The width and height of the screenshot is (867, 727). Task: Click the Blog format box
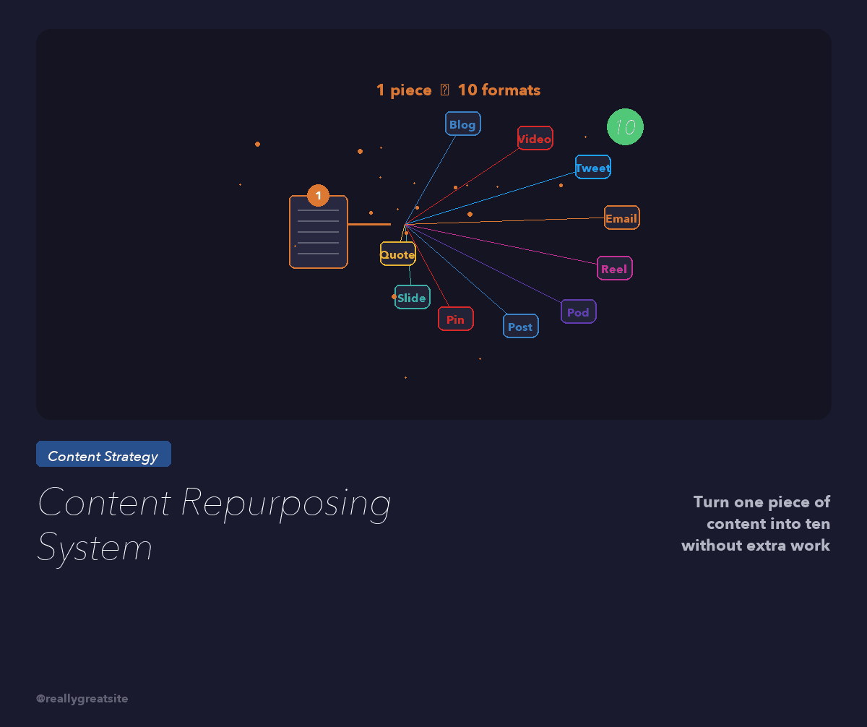coord(462,124)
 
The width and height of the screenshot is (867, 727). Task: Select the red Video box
coord(535,138)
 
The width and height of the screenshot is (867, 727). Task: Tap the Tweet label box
coord(592,167)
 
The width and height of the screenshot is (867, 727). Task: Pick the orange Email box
coord(621,218)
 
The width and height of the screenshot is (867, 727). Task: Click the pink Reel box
coord(614,268)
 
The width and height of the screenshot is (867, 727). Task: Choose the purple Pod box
coord(578,311)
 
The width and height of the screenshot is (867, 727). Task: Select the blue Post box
coord(520,326)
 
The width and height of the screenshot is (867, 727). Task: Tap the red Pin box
coord(455,319)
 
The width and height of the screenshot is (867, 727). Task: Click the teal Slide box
coord(412,297)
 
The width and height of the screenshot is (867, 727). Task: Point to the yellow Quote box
coord(397,254)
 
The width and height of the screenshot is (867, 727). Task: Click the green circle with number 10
coord(625,127)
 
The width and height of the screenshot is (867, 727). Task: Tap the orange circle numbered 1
coord(318,195)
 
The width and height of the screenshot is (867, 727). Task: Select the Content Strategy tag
coord(103,455)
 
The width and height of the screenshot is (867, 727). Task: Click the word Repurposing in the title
coord(285,503)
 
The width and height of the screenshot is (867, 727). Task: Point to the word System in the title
coord(95,547)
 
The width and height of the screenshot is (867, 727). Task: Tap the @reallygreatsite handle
coord(82,699)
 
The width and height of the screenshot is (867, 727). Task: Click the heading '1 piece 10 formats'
coord(458,90)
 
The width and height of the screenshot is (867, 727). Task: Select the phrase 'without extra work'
coord(755,546)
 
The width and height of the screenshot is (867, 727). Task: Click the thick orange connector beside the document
coord(368,225)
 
